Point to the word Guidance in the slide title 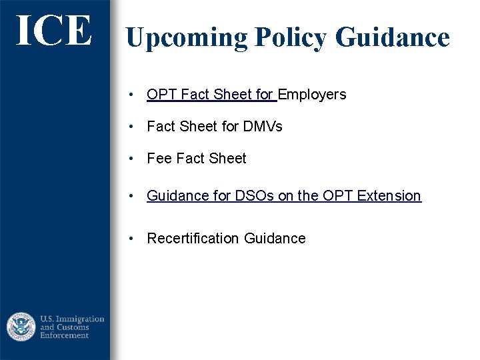(x=392, y=37)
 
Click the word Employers (x=312, y=95)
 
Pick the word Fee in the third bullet (x=159, y=159)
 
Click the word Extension (x=389, y=196)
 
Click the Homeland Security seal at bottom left (x=21, y=327)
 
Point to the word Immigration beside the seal (x=79, y=319)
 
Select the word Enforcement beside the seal (x=65, y=335)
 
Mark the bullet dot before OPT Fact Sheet (x=134, y=95)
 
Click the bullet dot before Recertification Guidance (x=134, y=239)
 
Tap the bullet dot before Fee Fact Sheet (x=134, y=159)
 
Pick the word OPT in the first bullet (x=161, y=95)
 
